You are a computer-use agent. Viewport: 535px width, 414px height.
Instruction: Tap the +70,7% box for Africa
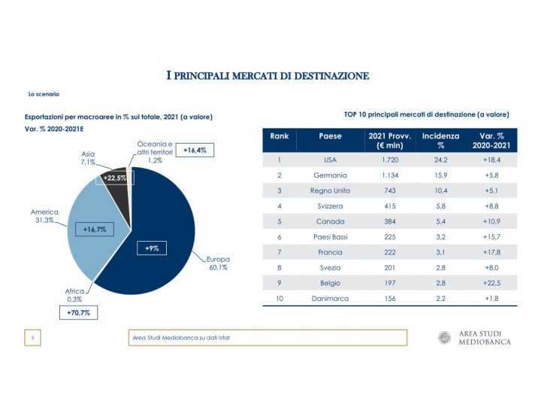pyautogui.click(x=78, y=312)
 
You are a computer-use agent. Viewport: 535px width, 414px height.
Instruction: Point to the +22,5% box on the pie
pyautogui.click(x=114, y=178)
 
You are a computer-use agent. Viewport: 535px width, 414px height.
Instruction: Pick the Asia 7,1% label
pyautogui.click(x=88, y=157)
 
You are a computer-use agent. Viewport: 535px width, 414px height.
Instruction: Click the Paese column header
pyautogui.click(x=330, y=136)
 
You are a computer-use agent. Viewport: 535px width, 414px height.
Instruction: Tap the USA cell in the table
pyautogui.click(x=330, y=160)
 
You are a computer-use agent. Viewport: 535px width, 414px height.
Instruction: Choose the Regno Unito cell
pyautogui.click(x=330, y=191)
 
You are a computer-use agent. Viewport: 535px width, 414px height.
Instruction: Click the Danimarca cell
pyautogui.click(x=330, y=299)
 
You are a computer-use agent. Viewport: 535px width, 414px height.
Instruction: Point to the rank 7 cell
pyautogui.click(x=279, y=252)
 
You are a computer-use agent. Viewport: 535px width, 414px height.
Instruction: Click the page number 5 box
pyautogui.click(x=33, y=338)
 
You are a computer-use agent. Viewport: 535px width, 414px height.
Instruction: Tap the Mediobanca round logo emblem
pyautogui.click(x=444, y=338)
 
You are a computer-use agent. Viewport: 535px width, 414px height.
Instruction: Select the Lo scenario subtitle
pyautogui.click(x=44, y=94)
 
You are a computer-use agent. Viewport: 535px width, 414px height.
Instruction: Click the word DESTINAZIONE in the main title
pyautogui.click(x=331, y=75)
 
